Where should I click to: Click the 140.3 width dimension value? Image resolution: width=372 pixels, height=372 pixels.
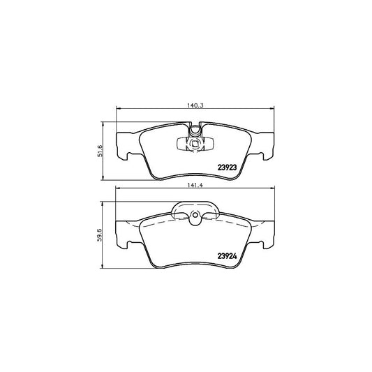coord(195,105)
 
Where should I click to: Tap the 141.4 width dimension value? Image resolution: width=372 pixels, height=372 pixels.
coord(195,186)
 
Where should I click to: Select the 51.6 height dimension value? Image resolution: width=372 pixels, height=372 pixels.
coord(100,151)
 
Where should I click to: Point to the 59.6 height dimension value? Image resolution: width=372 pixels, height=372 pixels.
coord(100,235)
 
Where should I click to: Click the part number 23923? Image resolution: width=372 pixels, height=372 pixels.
coord(227,168)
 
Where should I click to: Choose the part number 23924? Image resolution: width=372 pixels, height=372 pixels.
coord(227,256)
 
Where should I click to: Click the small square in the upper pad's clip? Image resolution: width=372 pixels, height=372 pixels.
coord(195,144)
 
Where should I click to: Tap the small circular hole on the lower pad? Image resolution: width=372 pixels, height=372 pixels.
coord(195,215)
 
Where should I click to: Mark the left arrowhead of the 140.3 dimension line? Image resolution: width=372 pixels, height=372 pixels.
coord(118,109)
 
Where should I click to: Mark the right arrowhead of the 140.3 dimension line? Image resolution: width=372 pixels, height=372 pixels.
coord(271,109)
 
